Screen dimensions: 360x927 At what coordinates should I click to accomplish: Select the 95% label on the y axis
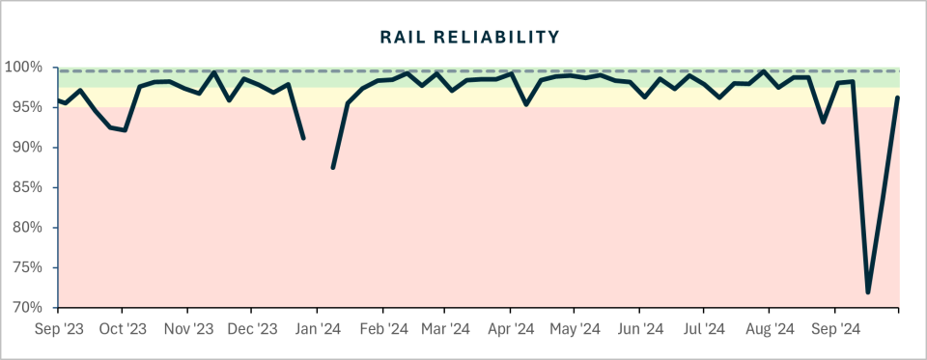29,107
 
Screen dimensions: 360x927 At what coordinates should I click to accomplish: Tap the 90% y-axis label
29,148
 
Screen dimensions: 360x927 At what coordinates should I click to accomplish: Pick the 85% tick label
29,187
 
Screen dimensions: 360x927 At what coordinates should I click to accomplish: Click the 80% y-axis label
29,228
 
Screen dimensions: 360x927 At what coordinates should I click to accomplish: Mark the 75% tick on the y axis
29,267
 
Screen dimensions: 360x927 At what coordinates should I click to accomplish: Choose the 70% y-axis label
29,308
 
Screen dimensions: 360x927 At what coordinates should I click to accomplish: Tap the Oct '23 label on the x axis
123,329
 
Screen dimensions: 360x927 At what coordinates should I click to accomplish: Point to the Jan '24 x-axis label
317,329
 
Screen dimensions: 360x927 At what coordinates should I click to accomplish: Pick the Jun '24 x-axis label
639,329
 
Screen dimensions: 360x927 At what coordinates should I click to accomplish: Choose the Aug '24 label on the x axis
769,329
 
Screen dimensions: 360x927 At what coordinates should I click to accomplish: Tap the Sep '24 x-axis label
835,329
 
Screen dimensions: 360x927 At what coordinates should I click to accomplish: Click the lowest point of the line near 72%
868,291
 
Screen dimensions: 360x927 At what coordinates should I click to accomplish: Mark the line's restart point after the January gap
332,167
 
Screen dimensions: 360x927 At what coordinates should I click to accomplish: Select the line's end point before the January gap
303,138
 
